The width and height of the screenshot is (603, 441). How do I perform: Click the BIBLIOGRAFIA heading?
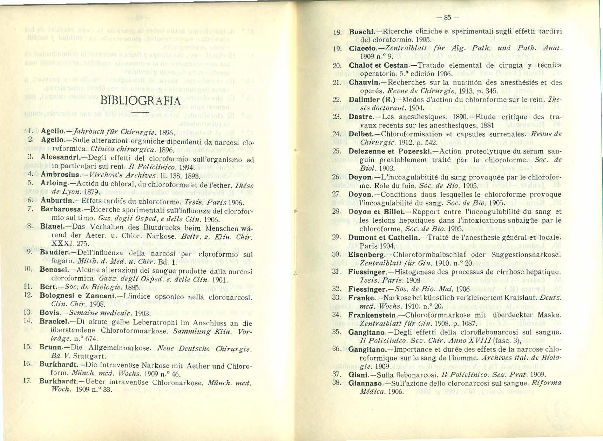tap(140, 101)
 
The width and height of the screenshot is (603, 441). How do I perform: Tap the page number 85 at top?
tap(447, 17)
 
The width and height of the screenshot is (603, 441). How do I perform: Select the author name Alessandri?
tap(57, 157)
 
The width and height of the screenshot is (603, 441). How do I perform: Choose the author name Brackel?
tap(53, 321)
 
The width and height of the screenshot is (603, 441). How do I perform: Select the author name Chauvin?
tap(363, 82)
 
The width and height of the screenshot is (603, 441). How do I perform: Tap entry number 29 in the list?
tap(336, 237)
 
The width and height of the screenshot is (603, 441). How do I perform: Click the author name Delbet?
tap(360, 134)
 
